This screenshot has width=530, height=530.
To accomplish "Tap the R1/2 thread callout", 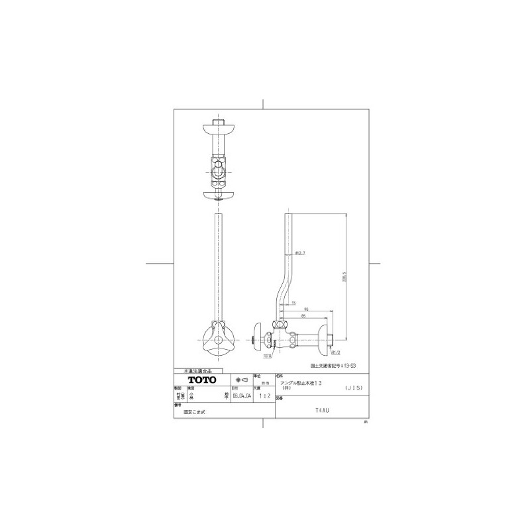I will [x=335, y=353].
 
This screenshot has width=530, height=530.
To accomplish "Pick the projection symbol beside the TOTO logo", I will [x=238, y=379].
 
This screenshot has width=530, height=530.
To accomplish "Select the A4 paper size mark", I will [x=365, y=422].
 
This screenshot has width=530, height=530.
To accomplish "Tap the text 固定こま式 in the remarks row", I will [x=195, y=411].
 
